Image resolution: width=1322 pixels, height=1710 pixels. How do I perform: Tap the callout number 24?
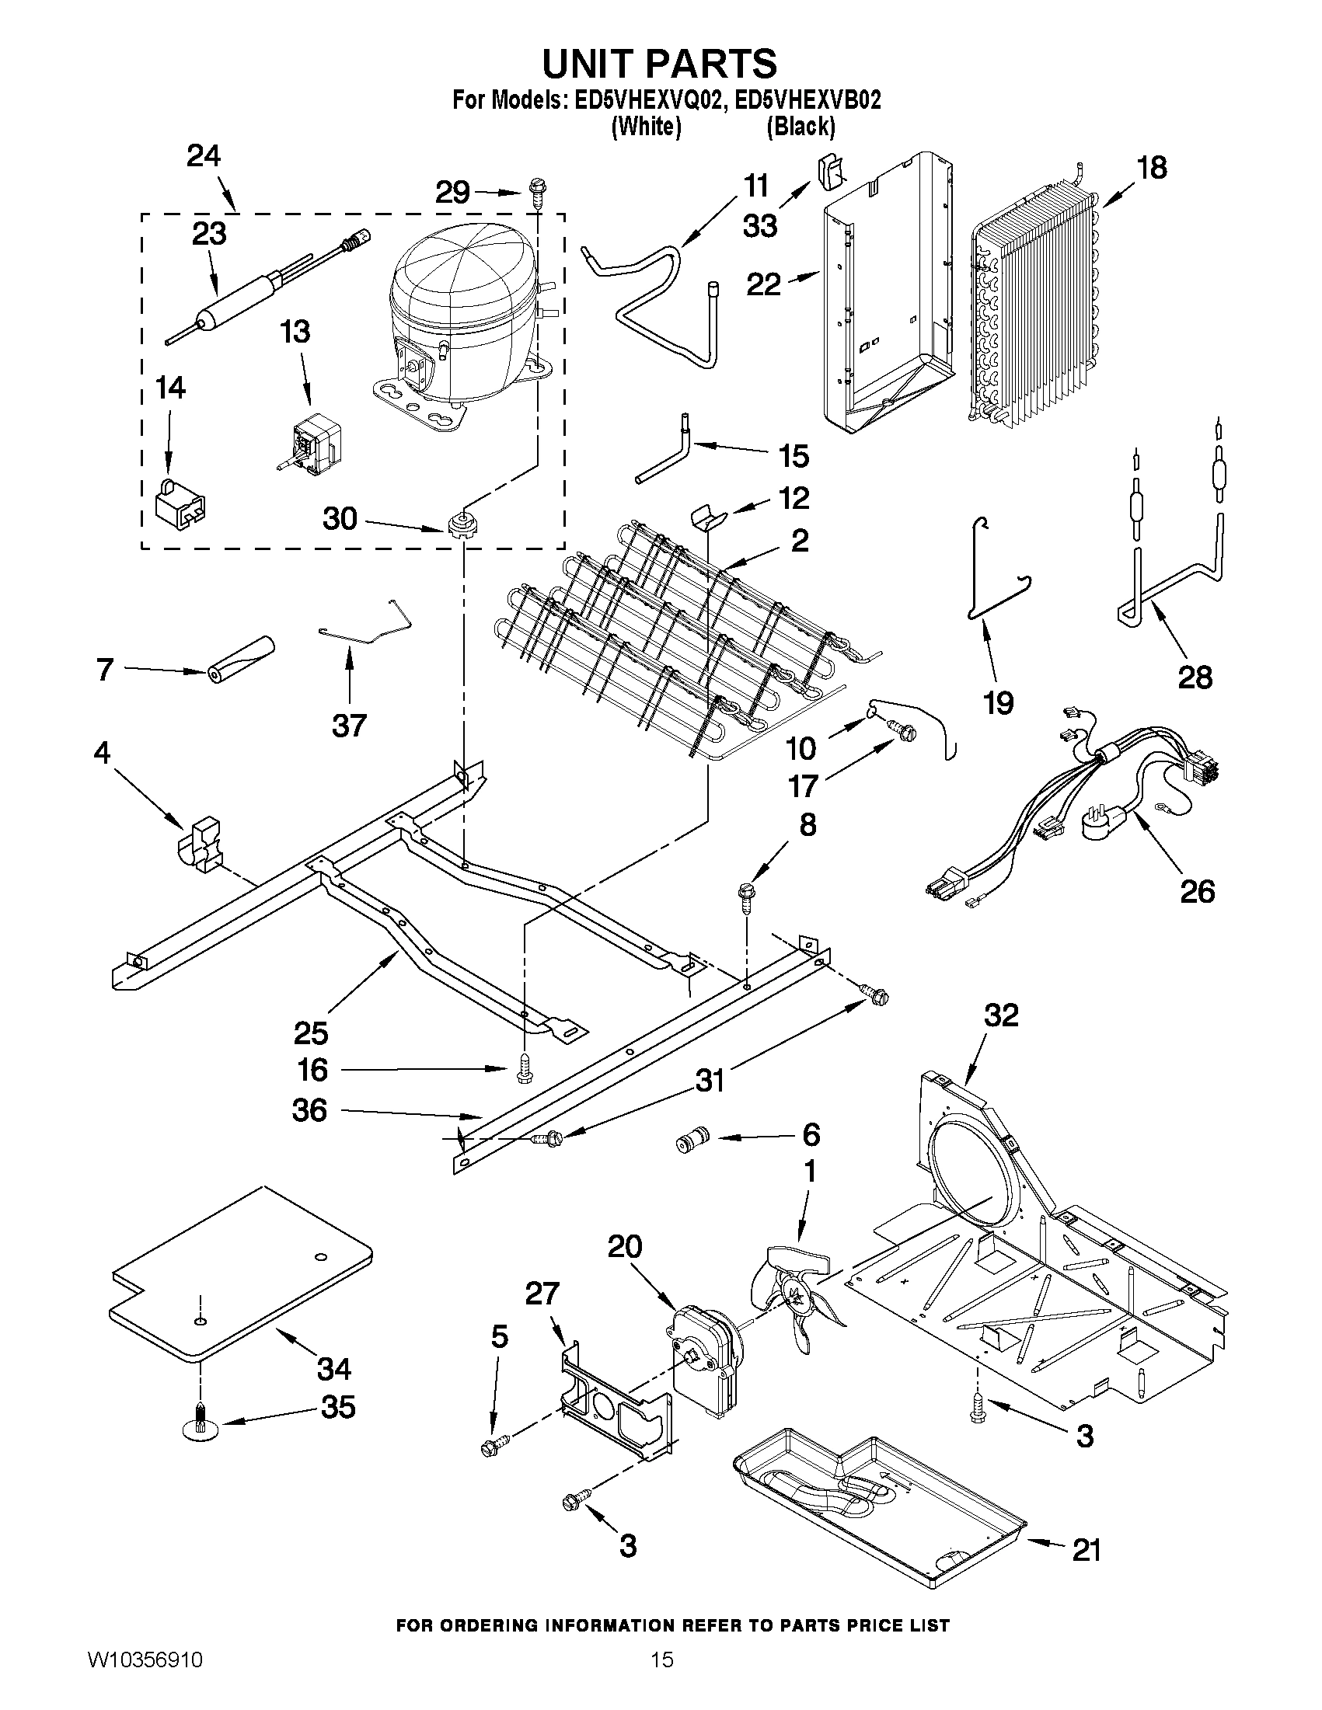point(204,156)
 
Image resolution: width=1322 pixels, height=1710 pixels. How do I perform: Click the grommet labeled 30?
point(462,523)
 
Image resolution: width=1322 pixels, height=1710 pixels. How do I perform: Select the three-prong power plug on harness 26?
point(1101,824)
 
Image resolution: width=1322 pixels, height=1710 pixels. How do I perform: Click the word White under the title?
point(645,126)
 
